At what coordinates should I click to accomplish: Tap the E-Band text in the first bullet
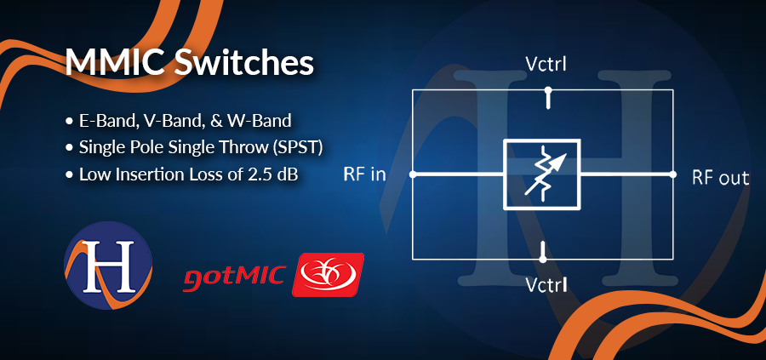(106, 120)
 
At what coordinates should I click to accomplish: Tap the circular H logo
(108, 265)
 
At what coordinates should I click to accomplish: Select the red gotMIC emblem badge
(328, 275)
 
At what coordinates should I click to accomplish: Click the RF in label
(364, 174)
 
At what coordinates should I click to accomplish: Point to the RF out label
(720, 178)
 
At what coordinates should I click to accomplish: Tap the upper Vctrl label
(546, 65)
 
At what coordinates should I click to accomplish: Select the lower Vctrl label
(546, 284)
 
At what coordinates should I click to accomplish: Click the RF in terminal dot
(412, 174)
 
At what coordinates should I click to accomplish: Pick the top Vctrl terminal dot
(548, 90)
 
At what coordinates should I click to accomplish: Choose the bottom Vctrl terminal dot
(542, 259)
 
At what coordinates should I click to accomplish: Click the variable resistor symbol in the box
(542, 174)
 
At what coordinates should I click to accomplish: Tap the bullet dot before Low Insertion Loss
(69, 175)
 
